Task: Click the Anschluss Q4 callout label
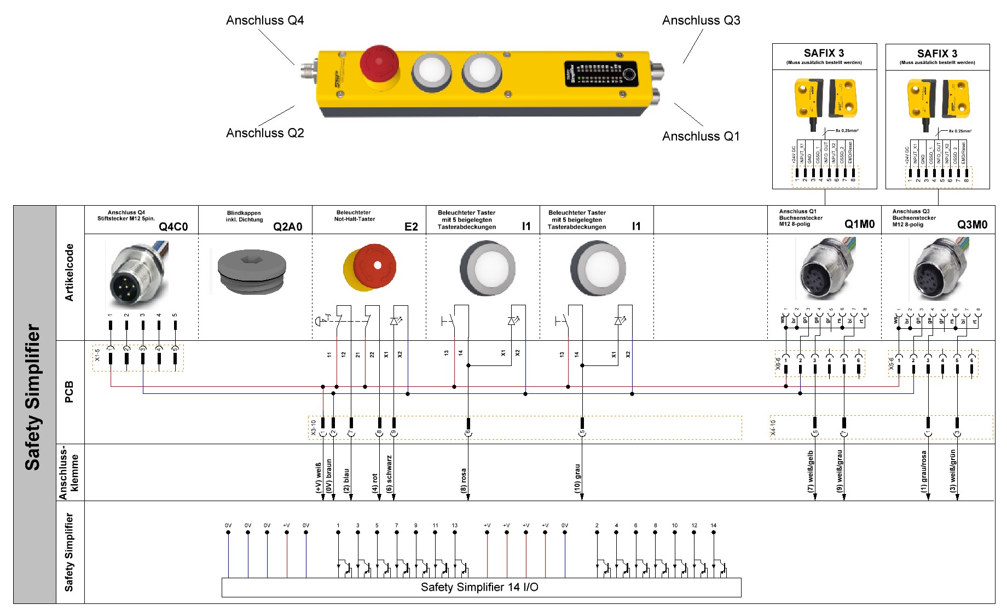click(x=265, y=21)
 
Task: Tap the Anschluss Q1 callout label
click(x=701, y=136)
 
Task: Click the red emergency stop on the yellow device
click(x=378, y=65)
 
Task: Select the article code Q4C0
click(x=173, y=226)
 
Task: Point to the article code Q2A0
click(x=287, y=226)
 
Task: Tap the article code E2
click(x=411, y=226)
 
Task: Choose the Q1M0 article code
click(x=859, y=224)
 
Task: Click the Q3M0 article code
click(x=972, y=224)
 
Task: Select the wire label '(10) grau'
click(x=577, y=478)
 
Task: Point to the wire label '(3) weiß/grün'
click(x=953, y=470)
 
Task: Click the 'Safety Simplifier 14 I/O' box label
click(x=479, y=588)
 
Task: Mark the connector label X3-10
click(x=314, y=427)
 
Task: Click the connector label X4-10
click(x=773, y=427)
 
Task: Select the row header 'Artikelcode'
click(x=70, y=272)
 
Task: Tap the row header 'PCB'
click(x=70, y=392)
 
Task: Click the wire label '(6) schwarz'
click(x=389, y=473)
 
